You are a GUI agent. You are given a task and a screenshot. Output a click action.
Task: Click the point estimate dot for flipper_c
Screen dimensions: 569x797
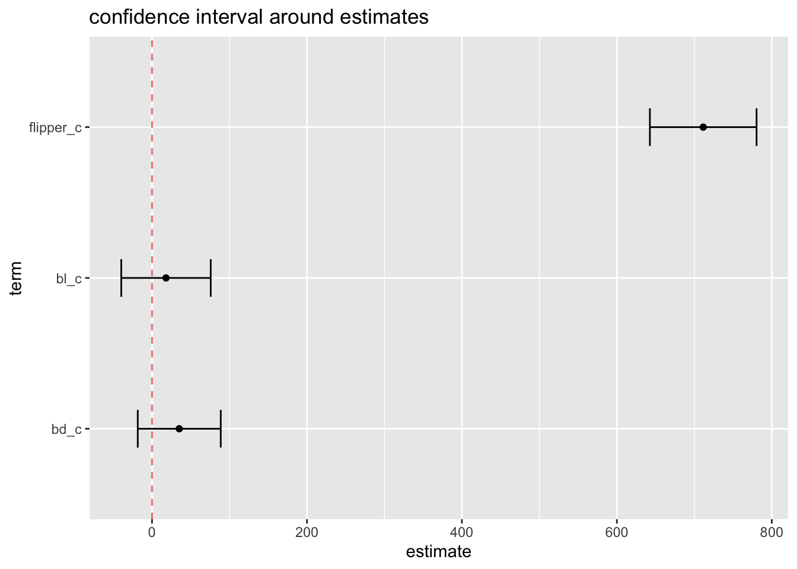pos(703,127)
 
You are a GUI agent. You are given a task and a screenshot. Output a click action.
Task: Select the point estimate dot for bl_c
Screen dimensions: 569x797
pos(166,278)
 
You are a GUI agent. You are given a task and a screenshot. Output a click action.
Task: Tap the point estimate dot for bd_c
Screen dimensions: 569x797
pos(179,429)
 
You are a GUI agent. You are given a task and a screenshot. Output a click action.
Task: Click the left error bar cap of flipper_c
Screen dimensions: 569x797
pos(650,127)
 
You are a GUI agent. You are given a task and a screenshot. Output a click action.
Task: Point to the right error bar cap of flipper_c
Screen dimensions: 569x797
pos(757,127)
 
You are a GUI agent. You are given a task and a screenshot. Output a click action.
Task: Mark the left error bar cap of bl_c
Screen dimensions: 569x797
pos(121,278)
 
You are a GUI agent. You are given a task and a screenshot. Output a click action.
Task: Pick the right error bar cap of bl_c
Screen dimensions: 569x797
pos(211,278)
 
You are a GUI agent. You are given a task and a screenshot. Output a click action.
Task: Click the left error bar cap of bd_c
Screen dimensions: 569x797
pos(138,429)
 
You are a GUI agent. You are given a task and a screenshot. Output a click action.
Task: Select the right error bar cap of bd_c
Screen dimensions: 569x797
pos(221,429)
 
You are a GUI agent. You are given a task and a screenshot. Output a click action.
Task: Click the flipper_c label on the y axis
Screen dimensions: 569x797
pos(55,127)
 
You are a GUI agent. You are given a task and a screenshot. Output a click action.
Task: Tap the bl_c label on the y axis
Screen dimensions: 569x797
pos(69,279)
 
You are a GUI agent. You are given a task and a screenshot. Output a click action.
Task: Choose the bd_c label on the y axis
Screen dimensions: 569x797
pos(66,429)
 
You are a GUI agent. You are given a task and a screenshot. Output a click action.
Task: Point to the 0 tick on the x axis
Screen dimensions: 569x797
pos(152,532)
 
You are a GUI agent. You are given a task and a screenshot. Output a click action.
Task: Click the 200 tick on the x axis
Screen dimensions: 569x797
pos(307,532)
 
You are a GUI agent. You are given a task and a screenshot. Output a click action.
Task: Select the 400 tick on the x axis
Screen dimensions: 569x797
pos(461,532)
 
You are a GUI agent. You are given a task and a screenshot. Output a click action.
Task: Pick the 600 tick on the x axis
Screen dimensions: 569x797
pos(617,532)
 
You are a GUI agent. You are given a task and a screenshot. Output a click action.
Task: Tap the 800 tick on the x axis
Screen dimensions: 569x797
pos(772,532)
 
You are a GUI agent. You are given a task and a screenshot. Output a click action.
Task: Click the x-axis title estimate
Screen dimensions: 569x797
pos(439,552)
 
